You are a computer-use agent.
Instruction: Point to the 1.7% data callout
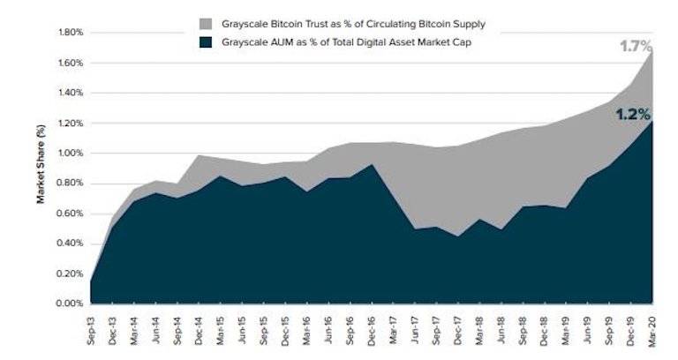pos(633,47)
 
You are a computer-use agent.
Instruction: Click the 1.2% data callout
pos(632,114)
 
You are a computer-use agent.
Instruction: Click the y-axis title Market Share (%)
pos(41,168)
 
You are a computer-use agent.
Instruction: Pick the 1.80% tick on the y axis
pos(70,33)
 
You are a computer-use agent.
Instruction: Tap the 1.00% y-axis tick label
pos(70,154)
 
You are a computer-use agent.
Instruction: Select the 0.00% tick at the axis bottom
pos(70,304)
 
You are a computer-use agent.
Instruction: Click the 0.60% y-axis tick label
pos(70,214)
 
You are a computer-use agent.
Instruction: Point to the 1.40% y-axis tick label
pos(70,93)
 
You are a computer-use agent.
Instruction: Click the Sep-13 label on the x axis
pos(92,326)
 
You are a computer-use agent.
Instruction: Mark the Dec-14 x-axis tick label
pos(200,326)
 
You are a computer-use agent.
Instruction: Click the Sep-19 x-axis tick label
pos(608,326)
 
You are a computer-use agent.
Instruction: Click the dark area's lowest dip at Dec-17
pos(457,236)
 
